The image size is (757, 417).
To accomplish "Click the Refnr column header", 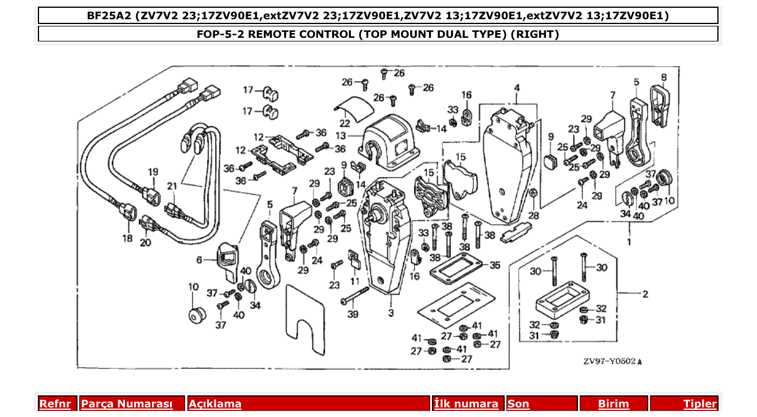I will tap(55, 404).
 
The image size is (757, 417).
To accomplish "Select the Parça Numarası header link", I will tap(127, 404).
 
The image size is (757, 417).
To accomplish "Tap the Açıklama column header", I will tap(215, 404).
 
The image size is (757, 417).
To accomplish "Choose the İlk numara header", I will tap(466, 404).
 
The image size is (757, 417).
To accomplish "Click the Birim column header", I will tap(613, 404).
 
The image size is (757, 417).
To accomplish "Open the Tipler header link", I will tap(700, 404).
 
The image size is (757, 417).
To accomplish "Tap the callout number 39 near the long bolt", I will tap(353, 315).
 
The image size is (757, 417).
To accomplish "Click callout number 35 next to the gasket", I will tap(494, 264).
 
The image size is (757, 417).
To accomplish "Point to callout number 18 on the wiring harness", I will tap(127, 239).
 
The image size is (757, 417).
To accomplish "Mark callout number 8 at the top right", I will tap(663, 77).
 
